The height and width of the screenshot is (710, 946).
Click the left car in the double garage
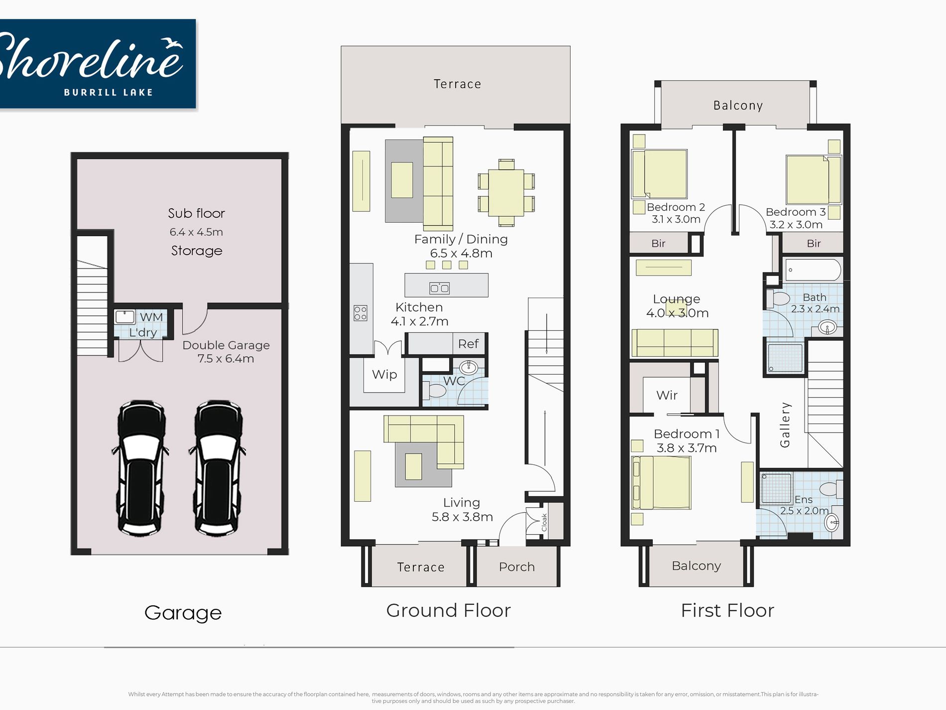coord(140,467)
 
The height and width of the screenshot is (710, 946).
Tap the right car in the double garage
coord(217,467)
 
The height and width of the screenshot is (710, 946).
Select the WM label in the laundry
coord(151,317)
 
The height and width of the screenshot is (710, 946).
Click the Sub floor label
coord(197,213)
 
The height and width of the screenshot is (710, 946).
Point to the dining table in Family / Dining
coord(506,192)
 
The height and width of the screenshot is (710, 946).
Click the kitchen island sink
coord(440,288)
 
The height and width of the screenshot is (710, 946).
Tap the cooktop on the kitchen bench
coord(360,313)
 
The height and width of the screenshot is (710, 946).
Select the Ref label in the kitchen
coord(469,344)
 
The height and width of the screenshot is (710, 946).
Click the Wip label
coord(384,374)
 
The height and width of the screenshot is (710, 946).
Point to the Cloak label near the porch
coord(544,522)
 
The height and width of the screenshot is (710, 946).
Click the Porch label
coord(517,567)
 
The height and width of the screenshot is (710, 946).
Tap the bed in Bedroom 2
coord(660,174)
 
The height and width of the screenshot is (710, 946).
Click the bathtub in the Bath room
coord(813,270)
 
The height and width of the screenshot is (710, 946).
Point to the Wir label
coord(667,395)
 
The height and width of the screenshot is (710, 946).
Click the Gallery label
coord(785,425)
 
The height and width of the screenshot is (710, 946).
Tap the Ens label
coord(804,499)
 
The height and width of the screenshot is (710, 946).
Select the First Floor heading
coord(727,610)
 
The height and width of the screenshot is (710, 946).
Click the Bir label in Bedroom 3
coord(814,243)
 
